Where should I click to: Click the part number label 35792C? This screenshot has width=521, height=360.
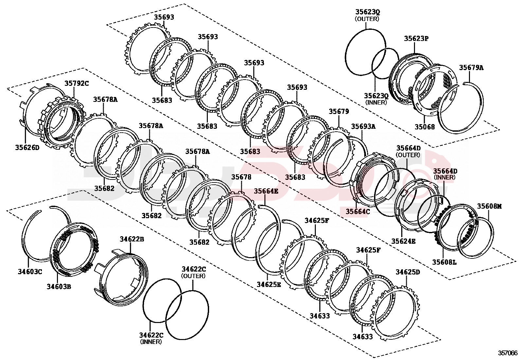tap(76, 84)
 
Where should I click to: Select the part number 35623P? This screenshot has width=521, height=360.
tap(416, 38)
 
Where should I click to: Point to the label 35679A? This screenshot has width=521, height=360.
tap(471, 68)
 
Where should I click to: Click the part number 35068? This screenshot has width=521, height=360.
tap(425, 127)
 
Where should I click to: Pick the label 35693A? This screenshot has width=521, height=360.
tap(363, 126)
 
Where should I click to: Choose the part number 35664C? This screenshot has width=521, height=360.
tap(358, 211)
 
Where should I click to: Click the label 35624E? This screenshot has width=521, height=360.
tap(404, 241)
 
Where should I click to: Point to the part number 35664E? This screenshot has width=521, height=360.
tap(266, 191)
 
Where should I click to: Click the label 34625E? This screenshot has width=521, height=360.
tap(269, 284)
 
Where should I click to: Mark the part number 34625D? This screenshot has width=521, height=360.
tap(407, 272)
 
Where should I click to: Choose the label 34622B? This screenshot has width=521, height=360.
tap(132, 239)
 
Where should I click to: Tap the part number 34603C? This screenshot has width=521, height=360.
tap(30, 272)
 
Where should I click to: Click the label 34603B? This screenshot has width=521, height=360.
tap(59, 287)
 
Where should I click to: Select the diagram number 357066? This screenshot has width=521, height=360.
tap(508, 353)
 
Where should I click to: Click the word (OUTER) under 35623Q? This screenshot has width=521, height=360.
tap(367, 19)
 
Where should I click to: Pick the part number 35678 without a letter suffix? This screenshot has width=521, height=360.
tap(241, 177)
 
